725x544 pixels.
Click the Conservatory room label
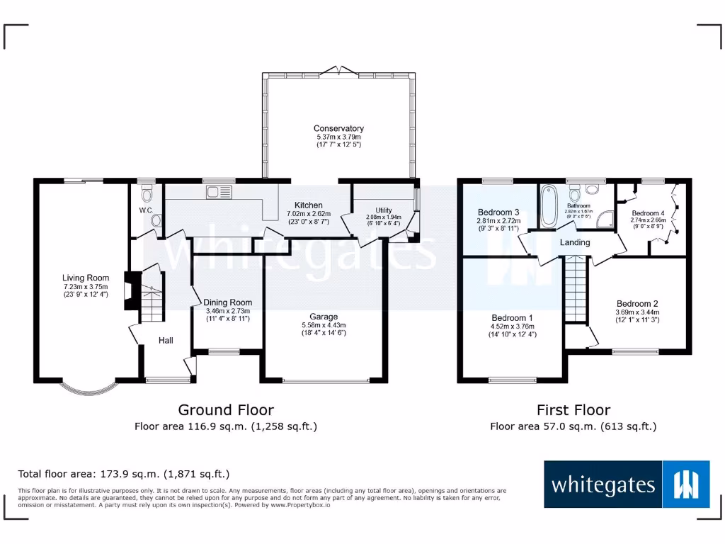pyautogui.click(x=338, y=129)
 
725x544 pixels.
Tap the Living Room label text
pyautogui.click(x=86, y=278)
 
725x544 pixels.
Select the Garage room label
pyautogui.click(x=323, y=317)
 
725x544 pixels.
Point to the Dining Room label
pyautogui.click(x=228, y=302)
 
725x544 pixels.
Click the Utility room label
pyautogui.click(x=383, y=210)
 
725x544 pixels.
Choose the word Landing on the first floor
pyautogui.click(x=574, y=242)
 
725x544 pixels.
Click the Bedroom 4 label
pyautogui.click(x=648, y=213)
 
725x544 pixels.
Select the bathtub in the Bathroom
pyautogui.click(x=549, y=206)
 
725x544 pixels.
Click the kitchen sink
pyautogui.click(x=219, y=192)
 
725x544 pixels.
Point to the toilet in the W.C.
pyautogui.click(x=147, y=194)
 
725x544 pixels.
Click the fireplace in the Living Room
pyautogui.click(x=129, y=290)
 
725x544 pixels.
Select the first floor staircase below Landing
pyautogui.click(x=576, y=290)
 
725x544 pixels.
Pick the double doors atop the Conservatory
pyautogui.click(x=338, y=71)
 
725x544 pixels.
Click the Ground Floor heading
pyautogui.click(x=225, y=409)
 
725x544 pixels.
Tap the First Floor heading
pyautogui.click(x=573, y=409)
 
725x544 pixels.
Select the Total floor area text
pyautogui.click(x=124, y=474)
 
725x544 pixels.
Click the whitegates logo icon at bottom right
pyautogui.click(x=685, y=484)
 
